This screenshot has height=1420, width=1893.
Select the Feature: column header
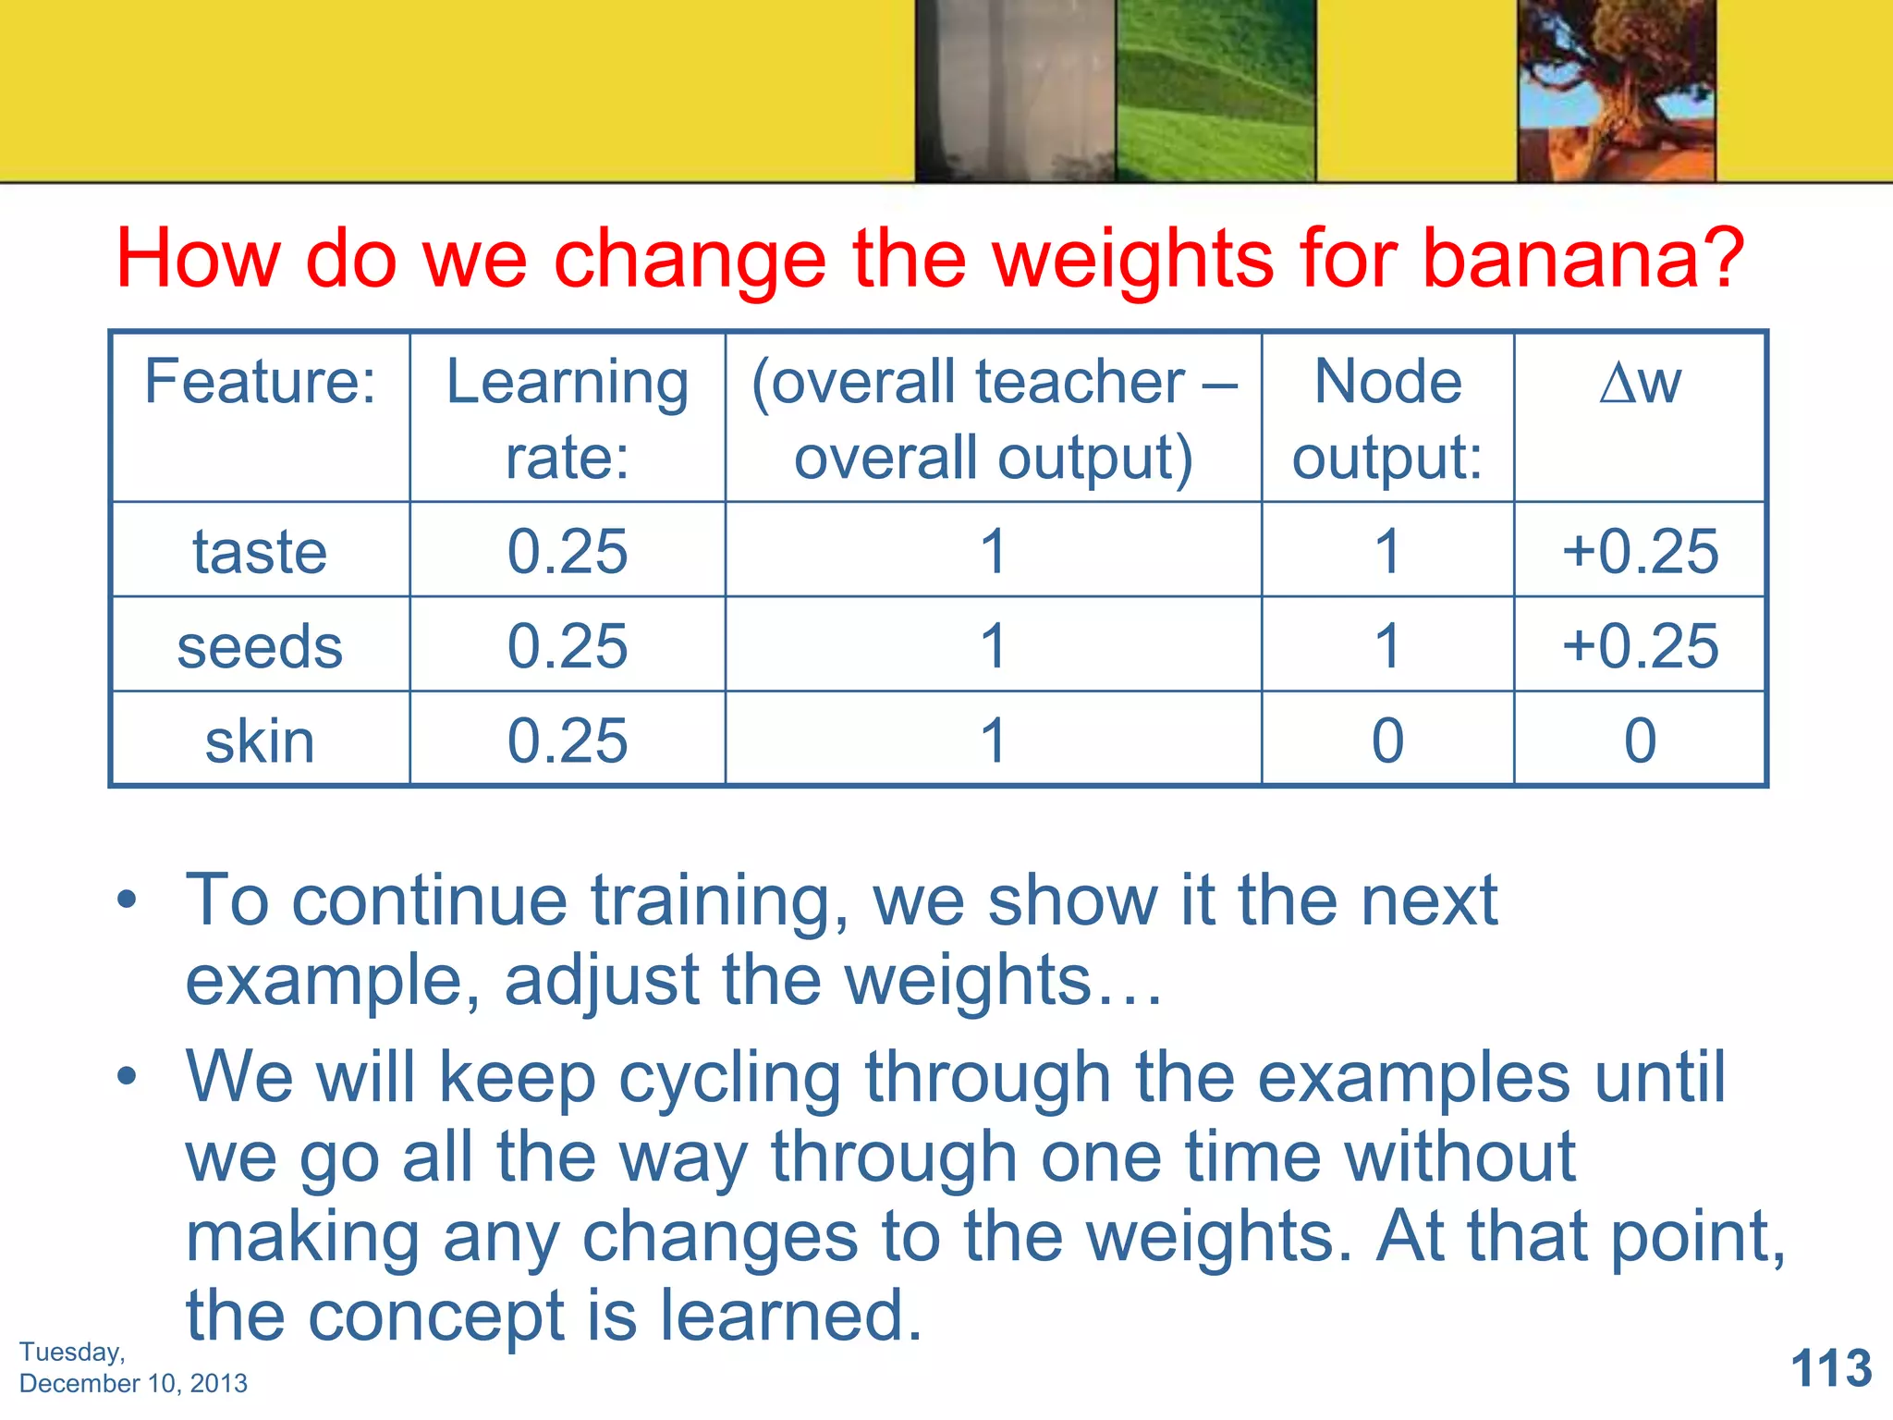pos(260,382)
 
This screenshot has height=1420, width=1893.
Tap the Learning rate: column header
pos(567,418)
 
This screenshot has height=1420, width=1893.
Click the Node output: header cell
pos(1386,418)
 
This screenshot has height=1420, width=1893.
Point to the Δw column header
pos(1640,382)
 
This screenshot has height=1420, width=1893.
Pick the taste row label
pos(260,552)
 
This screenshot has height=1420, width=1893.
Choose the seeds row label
pos(260,646)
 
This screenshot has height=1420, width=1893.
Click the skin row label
pos(260,741)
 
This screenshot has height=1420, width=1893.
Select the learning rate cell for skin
pos(567,741)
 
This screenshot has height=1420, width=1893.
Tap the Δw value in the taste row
pos(1640,552)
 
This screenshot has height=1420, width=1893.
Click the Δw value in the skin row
pos(1640,741)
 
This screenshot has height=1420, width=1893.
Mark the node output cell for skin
pos(1386,741)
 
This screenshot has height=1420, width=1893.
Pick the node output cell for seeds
pos(1386,646)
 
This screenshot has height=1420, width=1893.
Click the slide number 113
pos(1830,1368)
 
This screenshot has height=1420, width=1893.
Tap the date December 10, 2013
pos(133,1384)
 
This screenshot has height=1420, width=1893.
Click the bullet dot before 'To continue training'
pos(127,899)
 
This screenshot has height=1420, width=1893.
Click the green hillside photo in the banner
pos(1215,91)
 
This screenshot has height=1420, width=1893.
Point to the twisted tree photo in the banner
pos(1616,91)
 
